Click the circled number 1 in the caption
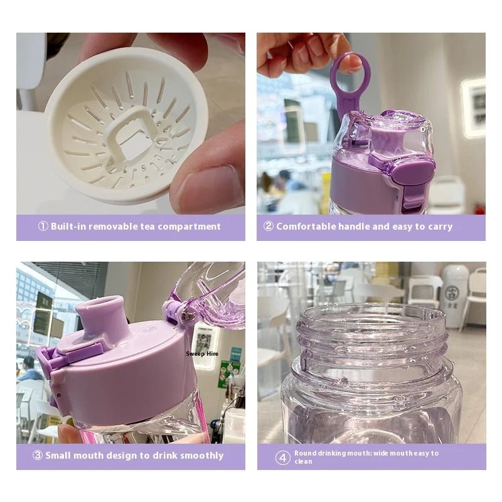43,227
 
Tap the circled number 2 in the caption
269,227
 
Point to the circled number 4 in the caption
282,457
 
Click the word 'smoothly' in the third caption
201,456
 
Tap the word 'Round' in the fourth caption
305,453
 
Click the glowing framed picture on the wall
473,107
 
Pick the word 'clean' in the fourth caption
303,462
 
